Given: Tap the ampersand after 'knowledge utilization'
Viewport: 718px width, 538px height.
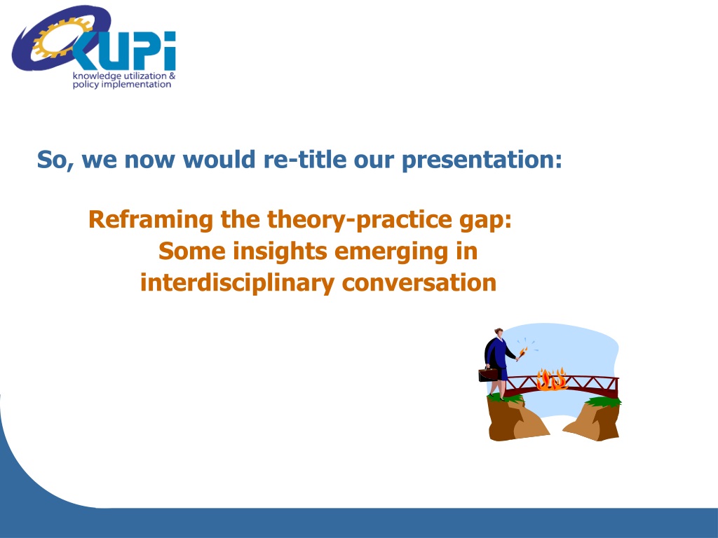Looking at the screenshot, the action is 172,76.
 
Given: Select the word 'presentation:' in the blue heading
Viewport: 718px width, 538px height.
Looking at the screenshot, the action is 482,160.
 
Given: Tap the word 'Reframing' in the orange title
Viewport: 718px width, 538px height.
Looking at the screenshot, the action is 151,220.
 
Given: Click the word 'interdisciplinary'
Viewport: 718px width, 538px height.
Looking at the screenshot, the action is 237,284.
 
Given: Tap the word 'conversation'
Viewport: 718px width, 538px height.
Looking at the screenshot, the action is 419,283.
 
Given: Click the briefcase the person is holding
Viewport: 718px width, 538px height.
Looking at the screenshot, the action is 488,374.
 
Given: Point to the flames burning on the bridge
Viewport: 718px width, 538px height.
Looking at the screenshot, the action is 552,380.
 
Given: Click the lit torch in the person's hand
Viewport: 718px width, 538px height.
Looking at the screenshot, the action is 522,353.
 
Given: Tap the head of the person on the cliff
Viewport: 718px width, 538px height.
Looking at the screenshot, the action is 499,333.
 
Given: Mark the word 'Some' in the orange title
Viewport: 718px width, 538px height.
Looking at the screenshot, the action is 192,252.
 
